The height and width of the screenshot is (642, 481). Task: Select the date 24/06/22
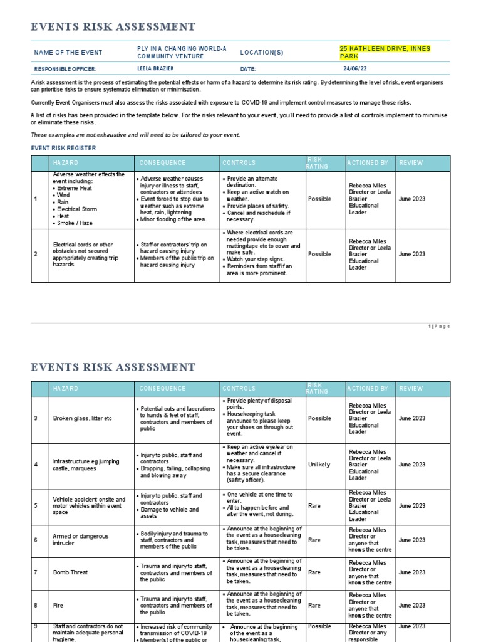(355, 69)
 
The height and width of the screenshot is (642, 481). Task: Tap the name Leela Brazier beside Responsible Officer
(155, 69)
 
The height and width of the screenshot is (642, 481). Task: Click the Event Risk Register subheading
(64, 148)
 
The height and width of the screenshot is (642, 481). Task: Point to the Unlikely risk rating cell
(319, 465)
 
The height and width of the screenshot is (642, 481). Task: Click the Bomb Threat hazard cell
(70, 572)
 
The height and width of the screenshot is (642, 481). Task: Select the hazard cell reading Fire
(59, 605)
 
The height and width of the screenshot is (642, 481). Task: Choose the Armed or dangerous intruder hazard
(81, 540)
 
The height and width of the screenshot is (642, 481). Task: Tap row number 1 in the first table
(36, 199)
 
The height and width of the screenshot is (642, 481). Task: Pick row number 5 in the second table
(36, 506)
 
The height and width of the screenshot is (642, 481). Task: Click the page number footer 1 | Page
(439, 326)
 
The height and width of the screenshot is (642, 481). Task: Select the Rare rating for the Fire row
(315, 605)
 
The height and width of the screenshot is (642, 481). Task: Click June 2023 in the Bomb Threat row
(411, 572)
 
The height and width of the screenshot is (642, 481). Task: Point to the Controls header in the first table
(239, 163)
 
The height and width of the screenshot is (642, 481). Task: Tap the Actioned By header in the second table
(368, 389)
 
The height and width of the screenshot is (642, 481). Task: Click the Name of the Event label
(68, 53)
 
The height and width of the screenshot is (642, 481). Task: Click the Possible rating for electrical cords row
(319, 254)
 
